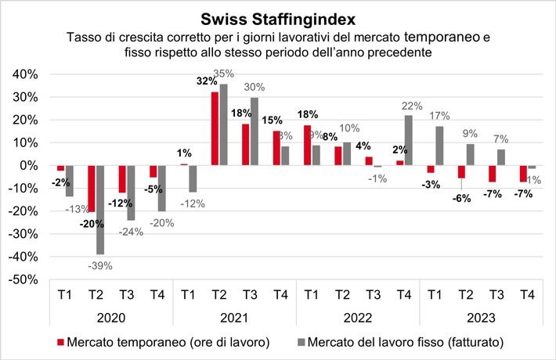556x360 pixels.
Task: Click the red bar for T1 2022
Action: [307, 146]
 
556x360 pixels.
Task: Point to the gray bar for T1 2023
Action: [439, 146]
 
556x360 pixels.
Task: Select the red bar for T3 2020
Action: [122, 179]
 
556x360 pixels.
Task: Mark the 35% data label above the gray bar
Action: [226, 74]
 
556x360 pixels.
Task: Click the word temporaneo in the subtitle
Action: [442, 37]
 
